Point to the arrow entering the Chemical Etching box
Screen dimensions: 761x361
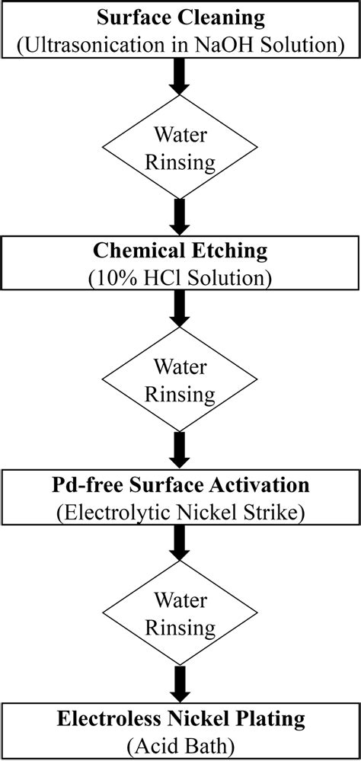(180, 217)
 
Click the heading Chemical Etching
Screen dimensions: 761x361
(180, 251)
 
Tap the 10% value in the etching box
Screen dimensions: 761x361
(114, 277)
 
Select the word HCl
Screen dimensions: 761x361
(160, 277)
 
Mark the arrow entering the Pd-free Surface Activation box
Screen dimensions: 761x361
(180, 451)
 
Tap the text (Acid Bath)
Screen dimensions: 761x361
(180, 744)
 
